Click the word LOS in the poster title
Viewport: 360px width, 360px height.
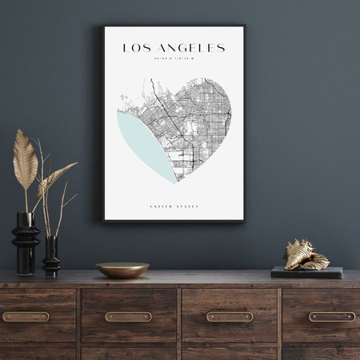135,48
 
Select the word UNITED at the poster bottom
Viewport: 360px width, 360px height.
161,206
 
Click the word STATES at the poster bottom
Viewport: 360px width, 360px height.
187,206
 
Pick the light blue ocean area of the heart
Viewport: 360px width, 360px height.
141,144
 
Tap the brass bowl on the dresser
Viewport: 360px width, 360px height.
122,270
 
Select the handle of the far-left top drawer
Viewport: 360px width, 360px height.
26,317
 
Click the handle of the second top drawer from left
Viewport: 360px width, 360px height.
128,317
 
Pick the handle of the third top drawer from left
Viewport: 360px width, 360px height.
230,317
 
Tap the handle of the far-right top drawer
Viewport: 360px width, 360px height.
331,317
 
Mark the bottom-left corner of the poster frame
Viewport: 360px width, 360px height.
104,220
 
